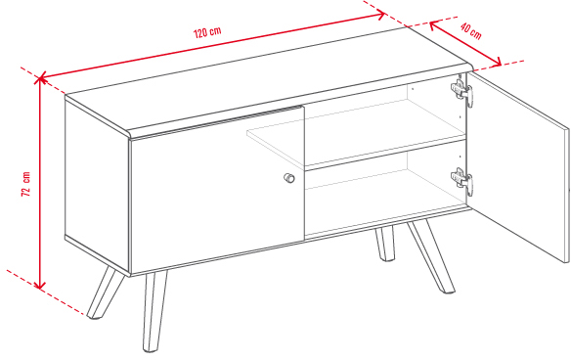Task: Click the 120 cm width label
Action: point(207,32)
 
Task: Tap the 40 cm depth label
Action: point(471,31)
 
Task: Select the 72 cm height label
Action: point(25,184)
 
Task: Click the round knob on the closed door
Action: point(289,178)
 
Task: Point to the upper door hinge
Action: point(462,91)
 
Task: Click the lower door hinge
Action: point(462,180)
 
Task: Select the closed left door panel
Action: point(217,190)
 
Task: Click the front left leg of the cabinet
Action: point(154,311)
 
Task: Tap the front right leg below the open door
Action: point(431,257)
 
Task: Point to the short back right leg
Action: point(384,244)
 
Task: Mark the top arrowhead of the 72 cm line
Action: point(40,78)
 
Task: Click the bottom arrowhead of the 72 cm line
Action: point(40,286)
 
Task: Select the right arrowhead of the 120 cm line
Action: point(380,15)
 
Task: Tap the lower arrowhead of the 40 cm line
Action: point(498,63)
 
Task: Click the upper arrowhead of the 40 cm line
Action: point(433,25)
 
